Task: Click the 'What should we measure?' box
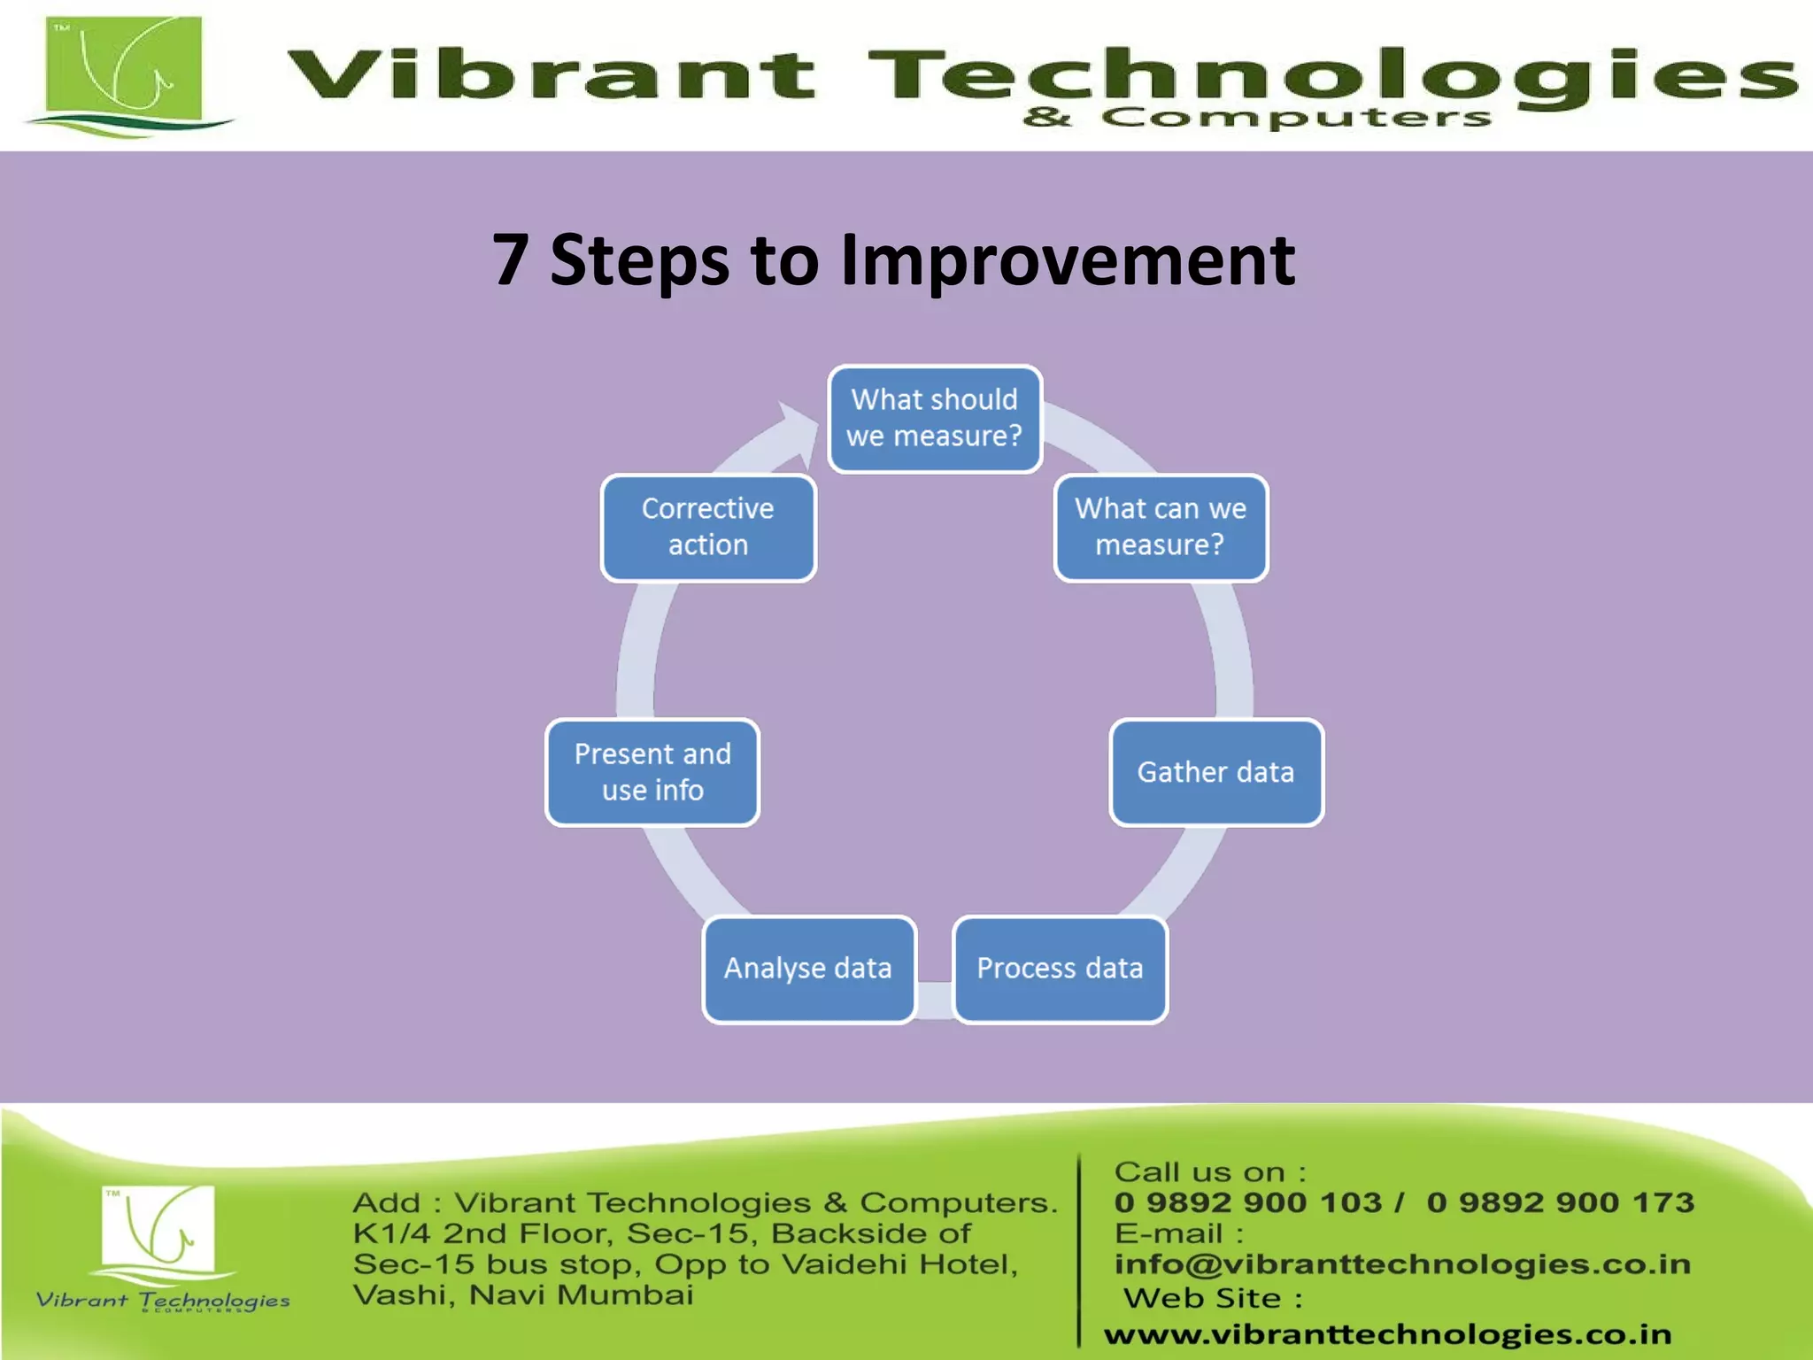935,419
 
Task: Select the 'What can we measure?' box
1161,528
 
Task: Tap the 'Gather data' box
1216,772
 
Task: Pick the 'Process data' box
1060,969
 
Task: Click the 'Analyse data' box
808,969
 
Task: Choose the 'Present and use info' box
652,772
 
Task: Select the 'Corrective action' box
708,528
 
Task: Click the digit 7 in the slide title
511,260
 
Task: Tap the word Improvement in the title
1068,260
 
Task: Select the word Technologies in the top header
1328,75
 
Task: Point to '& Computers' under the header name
1257,117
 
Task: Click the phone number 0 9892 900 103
1248,1202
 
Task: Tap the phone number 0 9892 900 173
1560,1202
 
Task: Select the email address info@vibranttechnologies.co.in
1402,1264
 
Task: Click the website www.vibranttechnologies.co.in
1387,1333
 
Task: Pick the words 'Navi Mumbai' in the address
581,1295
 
